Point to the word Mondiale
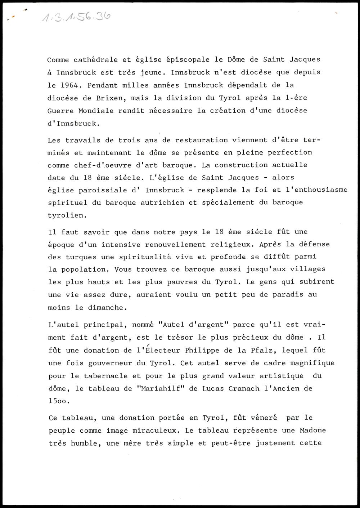tap(96, 111)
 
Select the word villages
tap(309, 269)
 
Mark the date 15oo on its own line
tap(58, 401)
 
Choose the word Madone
tap(313, 431)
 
